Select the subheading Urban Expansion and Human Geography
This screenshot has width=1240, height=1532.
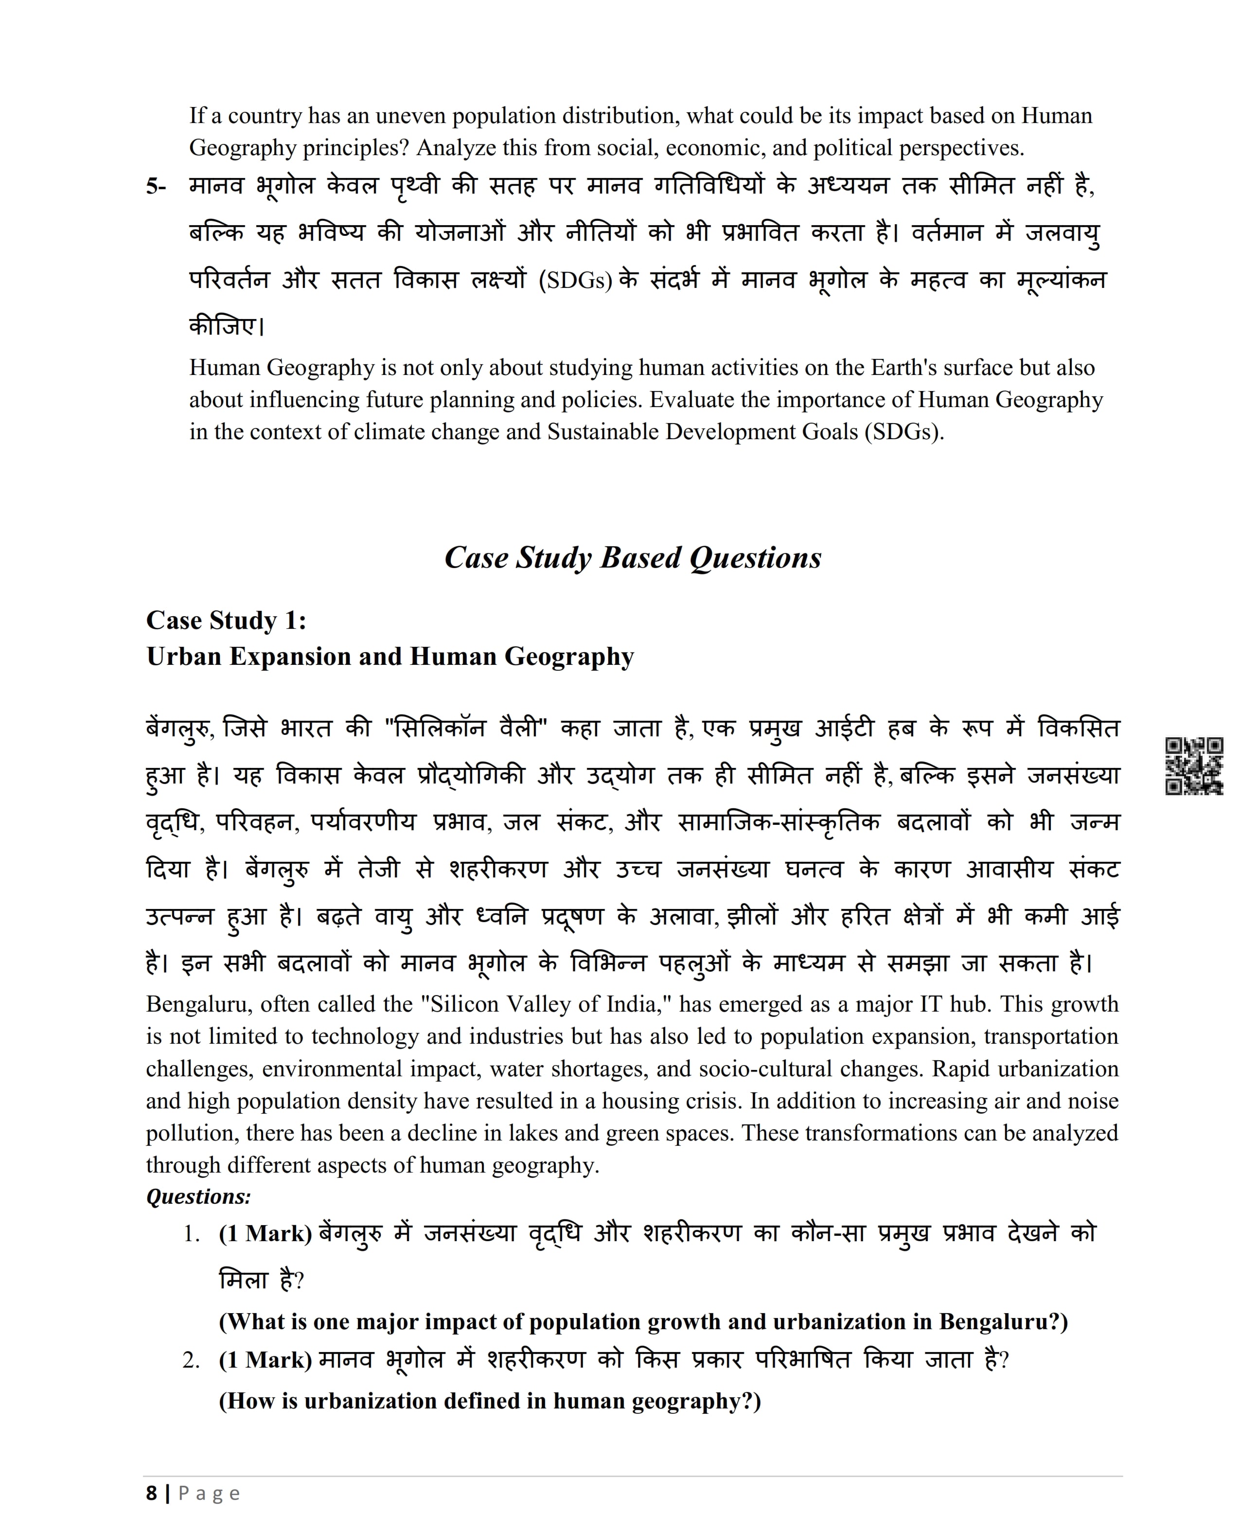(390, 657)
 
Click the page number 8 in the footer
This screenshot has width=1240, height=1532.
(151, 1494)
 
